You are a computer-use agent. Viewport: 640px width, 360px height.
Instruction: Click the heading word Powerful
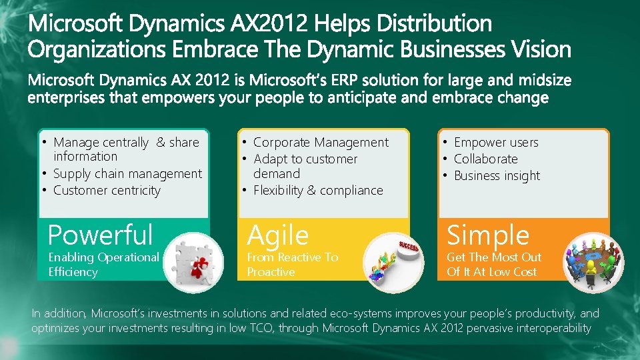(101, 235)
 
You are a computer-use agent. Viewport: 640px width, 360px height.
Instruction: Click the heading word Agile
(278, 236)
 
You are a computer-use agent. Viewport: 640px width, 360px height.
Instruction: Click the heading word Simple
(488, 235)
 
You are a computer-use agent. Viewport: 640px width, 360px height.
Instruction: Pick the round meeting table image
(592, 262)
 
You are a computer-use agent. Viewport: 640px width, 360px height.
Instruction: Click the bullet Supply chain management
(127, 174)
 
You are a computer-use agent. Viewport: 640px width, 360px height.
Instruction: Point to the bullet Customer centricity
(107, 191)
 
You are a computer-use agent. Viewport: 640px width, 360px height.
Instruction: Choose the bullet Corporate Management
(321, 143)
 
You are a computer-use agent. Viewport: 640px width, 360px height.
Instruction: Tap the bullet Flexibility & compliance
(318, 191)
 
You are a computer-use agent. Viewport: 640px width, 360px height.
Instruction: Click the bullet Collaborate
(485, 159)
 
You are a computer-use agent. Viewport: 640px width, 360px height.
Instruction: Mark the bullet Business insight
(497, 176)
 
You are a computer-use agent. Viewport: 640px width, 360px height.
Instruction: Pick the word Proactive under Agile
(271, 272)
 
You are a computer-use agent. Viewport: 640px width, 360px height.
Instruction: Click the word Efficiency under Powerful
(73, 272)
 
